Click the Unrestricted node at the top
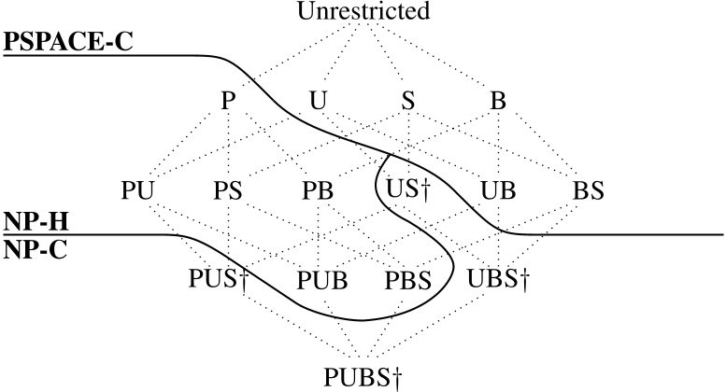click(x=363, y=12)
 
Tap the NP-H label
click(x=29, y=221)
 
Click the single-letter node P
click(x=228, y=101)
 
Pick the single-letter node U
click(x=318, y=101)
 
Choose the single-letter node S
click(x=407, y=101)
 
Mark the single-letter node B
click(x=498, y=101)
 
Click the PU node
click(x=138, y=190)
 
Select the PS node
click(x=228, y=190)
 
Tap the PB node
click(x=318, y=190)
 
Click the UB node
click(x=498, y=190)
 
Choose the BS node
click(x=589, y=190)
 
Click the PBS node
click(x=408, y=279)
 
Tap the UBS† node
click(x=498, y=279)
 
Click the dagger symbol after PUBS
click(x=399, y=378)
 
